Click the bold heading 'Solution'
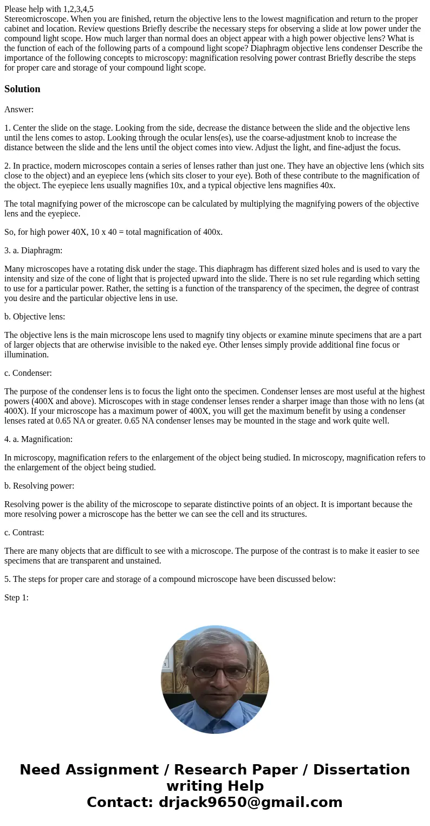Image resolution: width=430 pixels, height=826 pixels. coord(22,89)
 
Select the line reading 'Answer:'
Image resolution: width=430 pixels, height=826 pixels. coord(19,110)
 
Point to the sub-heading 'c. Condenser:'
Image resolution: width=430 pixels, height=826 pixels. coord(28,373)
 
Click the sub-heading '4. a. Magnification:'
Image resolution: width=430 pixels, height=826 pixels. coord(38,439)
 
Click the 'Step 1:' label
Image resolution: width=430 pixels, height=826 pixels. coord(16,598)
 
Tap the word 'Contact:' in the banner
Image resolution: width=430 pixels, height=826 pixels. coord(120,803)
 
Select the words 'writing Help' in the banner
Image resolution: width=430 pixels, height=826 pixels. coord(215,786)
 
